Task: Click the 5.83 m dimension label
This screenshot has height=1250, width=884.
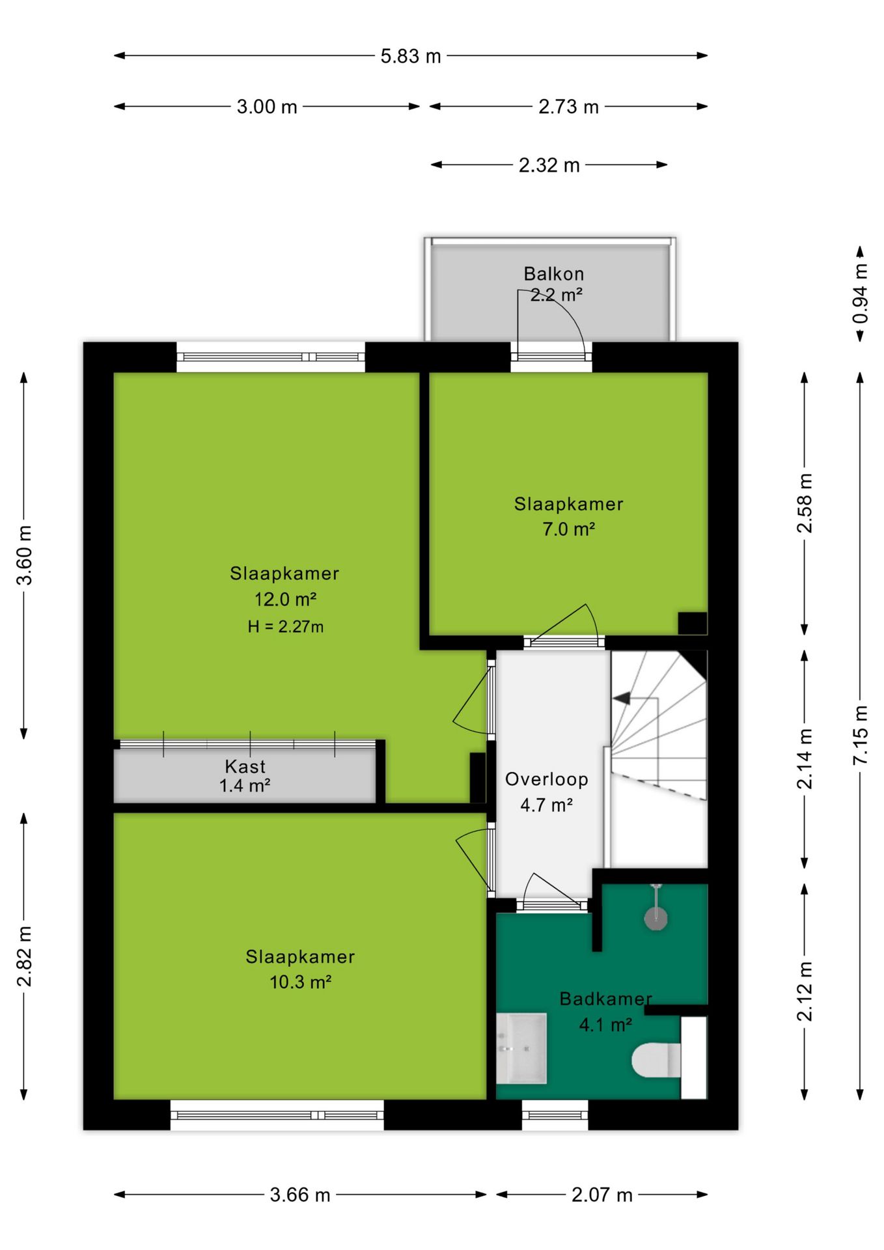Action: pyautogui.click(x=411, y=56)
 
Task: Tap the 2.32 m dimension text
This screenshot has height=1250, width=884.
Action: pyautogui.click(x=549, y=165)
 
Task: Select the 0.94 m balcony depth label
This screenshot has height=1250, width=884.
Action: pyautogui.click(x=860, y=293)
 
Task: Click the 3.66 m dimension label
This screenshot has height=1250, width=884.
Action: pyautogui.click(x=300, y=1195)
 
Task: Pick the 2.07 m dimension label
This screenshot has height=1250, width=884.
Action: pyautogui.click(x=602, y=1195)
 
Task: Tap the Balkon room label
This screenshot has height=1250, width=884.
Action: pyautogui.click(x=554, y=273)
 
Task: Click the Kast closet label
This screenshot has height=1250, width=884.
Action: pyautogui.click(x=245, y=766)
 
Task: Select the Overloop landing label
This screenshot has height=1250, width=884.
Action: pyautogui.click(x=547, y=779)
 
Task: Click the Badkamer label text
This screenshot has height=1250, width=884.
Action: pyautogui.click(x=606, y=999)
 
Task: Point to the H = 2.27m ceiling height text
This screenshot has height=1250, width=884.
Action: pyautogui.click(x=286, y=626)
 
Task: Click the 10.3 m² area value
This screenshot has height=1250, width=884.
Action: pyautogui.click(x=301, y=982)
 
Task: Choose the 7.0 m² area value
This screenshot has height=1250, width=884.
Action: pyautogui.click(x=569, y=529)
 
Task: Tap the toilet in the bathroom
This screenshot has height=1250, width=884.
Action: pyautogui.click(x=656, y=1060)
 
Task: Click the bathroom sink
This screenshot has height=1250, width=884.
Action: pyautogui.click(x=521, y=1048)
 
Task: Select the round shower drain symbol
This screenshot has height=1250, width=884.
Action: pyautogui.click(x=656, y=918)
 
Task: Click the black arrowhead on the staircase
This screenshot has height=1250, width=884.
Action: pyautogui.click(x=622, y=699)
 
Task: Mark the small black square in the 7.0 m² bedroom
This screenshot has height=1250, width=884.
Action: pyautogui.click(x=693, y=623)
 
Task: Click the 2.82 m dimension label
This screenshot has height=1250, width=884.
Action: pyautogui.click(x=24, y=956)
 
